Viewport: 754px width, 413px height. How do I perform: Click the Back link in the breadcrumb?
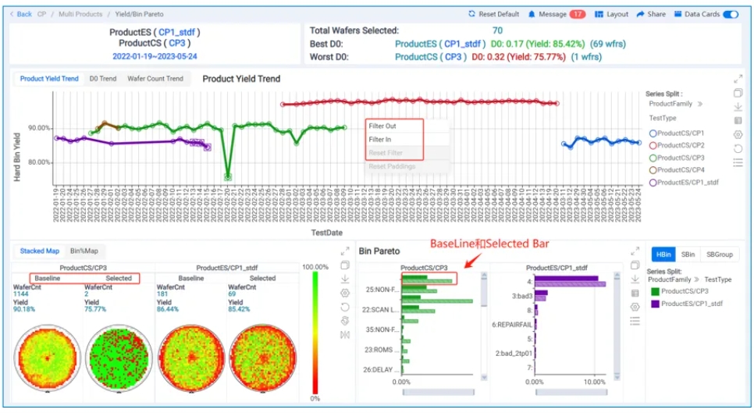[21, 14]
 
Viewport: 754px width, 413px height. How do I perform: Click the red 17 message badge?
[577, 14]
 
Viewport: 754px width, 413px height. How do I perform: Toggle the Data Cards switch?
[731, 14]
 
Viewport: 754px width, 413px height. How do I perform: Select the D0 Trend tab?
[103, 79]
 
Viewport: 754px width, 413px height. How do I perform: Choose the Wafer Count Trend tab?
[155, 79]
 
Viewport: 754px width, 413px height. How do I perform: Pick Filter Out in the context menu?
[382, 126]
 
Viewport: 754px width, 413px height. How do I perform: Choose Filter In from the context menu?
[380, 139]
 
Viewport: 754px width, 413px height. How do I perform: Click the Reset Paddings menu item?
[392, 166]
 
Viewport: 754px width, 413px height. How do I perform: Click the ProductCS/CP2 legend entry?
[681, 145]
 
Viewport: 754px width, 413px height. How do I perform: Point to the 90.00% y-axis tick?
[39, 128]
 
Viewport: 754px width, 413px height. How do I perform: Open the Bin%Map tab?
[84, 251]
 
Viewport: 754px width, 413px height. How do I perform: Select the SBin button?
[688, 255]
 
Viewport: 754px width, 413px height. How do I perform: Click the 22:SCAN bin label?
[382, 309]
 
